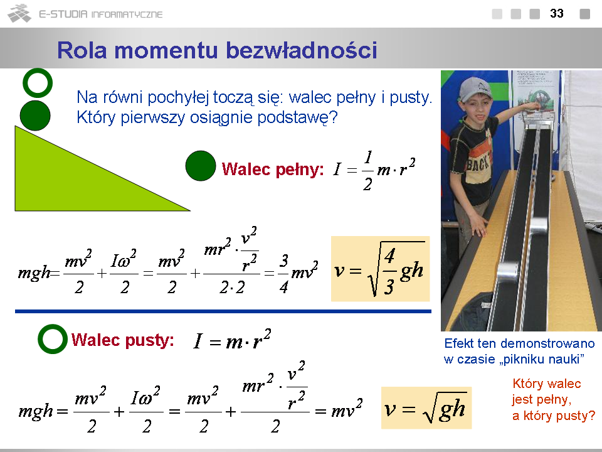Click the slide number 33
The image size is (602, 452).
(557, 13)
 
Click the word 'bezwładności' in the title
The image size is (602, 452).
(302, 50)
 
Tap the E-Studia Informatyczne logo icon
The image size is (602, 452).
(19, 13)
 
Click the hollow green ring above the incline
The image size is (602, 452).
(38, 71)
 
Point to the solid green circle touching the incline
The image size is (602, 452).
(35, 116)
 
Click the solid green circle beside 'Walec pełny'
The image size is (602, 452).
(201, 166)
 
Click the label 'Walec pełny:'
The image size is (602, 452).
(273, 169)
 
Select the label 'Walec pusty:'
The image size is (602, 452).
(122, 340)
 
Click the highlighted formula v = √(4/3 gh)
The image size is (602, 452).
(380, 269)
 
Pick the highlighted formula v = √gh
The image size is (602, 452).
(426, 408)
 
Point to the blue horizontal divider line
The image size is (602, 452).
(223, 311)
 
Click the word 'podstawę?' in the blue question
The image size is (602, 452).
(297, 117)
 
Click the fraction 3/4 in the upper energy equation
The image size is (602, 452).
(283, 274)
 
